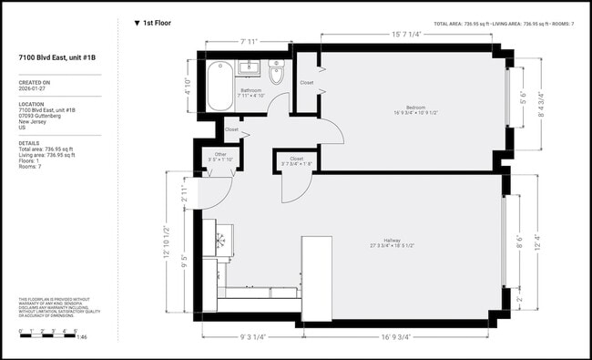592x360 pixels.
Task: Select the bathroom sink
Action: [249, 67]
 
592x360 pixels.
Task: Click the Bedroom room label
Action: [416, 109]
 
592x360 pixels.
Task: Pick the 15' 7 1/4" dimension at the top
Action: [405, 34]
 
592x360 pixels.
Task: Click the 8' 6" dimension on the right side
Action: [520, 243]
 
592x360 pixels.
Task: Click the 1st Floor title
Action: [157, 22]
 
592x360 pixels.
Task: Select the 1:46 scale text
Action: [81, 337]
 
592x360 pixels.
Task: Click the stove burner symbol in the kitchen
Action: [219, 241]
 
